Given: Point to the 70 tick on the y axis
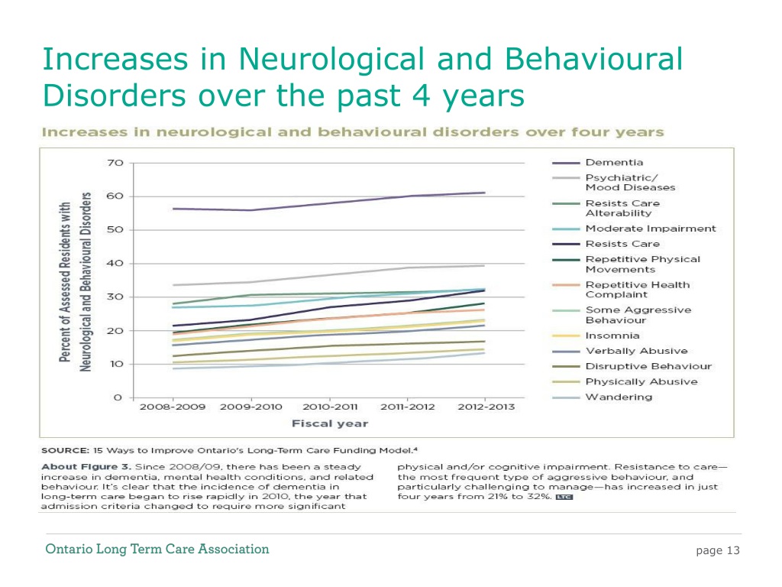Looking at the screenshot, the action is [x=115, y=163].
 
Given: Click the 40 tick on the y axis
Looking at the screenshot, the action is [x=115, y=263].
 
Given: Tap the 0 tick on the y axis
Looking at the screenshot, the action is [x=118, y=397].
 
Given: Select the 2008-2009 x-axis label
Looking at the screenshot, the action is [x=173, y=407].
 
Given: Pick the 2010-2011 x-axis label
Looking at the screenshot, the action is [x=330, y=407].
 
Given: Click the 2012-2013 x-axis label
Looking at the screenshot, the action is [x=486, y=407].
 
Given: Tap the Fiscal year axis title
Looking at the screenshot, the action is [x=330, y=423].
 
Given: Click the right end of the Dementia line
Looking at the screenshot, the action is [x=485, y=193].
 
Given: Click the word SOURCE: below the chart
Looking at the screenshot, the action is [x=66, y=450].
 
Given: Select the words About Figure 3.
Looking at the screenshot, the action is [x=86, y=467].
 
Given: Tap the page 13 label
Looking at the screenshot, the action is [x=718, y=550].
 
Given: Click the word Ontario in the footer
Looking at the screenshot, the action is [x=69, y=549].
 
